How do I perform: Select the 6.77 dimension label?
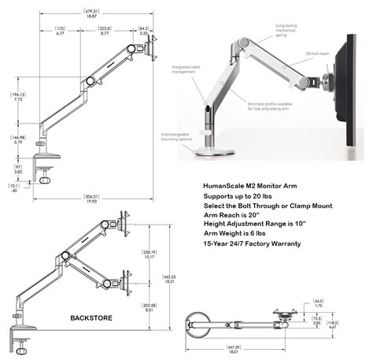[x=61, y=34]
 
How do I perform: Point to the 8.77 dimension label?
[x=105, y=34]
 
